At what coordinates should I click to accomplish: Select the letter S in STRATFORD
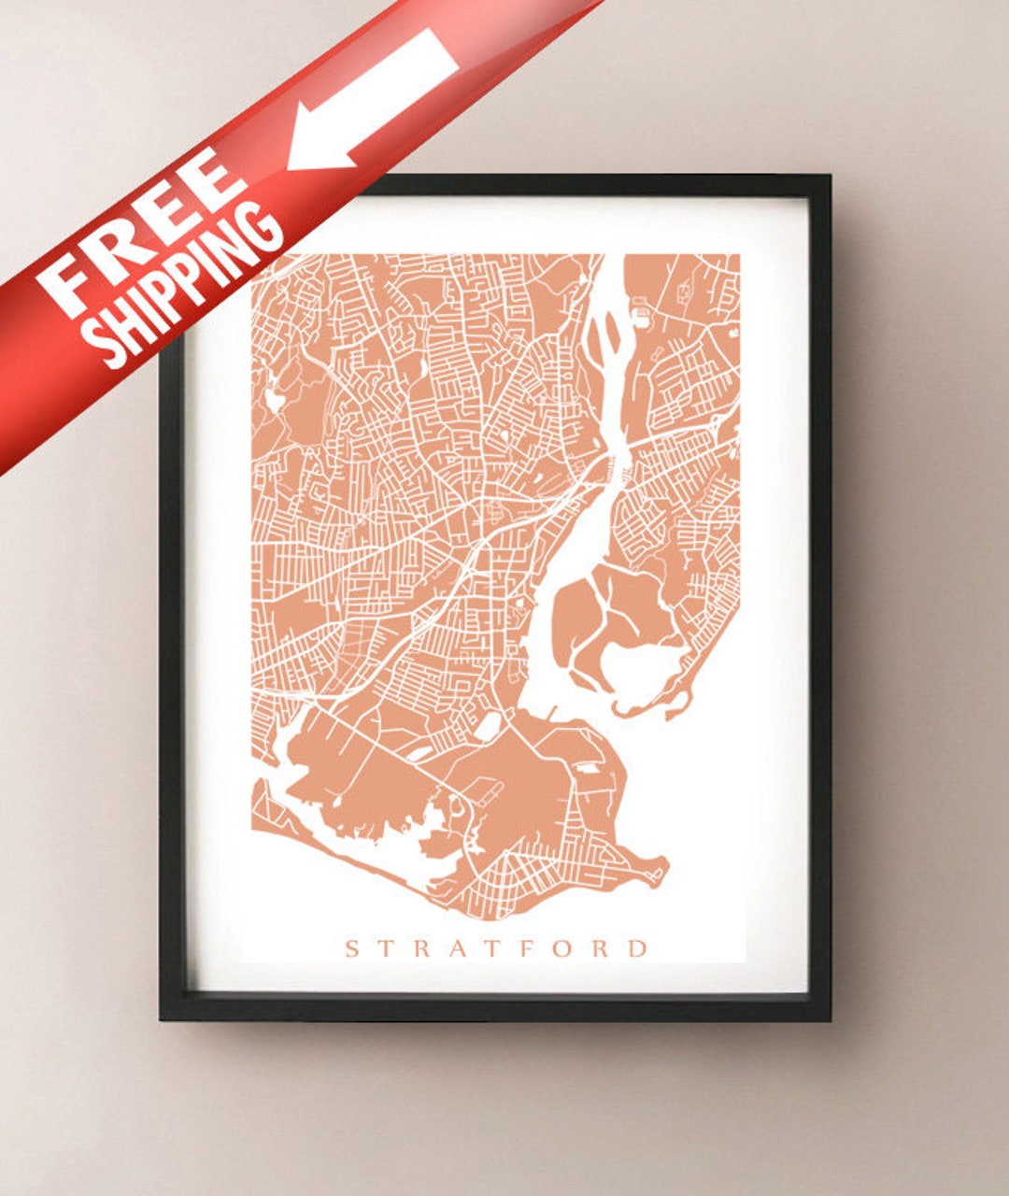coord(353,949)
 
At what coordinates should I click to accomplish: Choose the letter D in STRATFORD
coord(637,949)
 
